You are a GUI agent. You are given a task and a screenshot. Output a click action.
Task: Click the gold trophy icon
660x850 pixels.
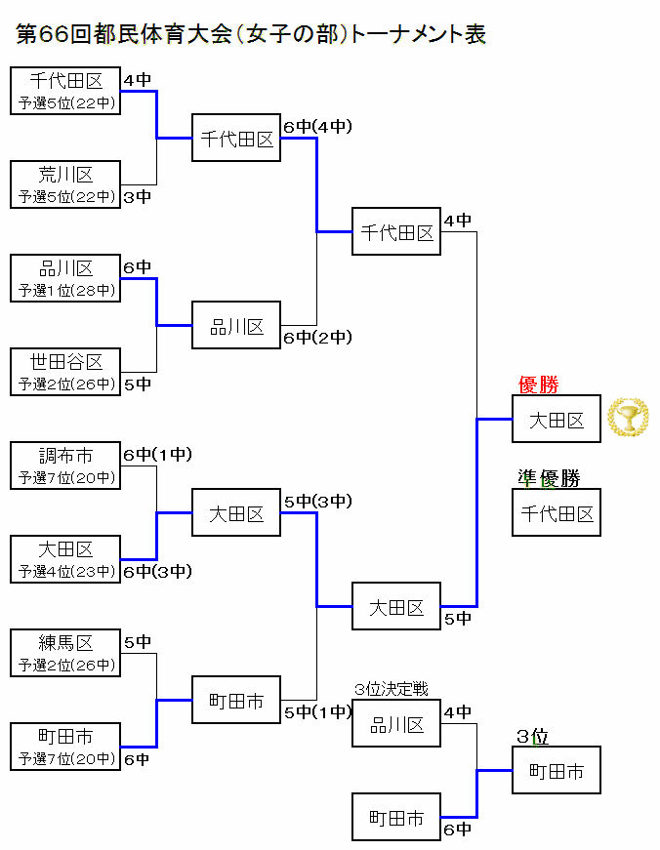(628, 418)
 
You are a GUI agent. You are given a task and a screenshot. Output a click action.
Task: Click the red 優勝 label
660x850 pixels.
(538, 385)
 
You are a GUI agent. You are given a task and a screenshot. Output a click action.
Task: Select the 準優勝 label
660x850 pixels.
(549, 478)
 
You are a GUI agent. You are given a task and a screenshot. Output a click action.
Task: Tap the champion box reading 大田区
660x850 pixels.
(557, 420)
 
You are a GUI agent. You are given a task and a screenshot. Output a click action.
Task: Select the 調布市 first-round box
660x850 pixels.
(65, 466)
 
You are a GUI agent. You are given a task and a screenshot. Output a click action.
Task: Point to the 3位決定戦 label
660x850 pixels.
(392, 689)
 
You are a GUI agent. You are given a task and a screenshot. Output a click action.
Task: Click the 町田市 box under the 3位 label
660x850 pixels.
(557, 771)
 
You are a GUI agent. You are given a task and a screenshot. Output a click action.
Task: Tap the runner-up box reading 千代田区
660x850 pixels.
(557, 513)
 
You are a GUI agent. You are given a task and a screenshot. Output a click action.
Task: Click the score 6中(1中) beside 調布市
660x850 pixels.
(157, 455)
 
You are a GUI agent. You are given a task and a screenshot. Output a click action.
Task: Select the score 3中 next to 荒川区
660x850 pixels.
(138, 197)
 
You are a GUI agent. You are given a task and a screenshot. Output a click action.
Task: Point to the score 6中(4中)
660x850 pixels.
(317, 127)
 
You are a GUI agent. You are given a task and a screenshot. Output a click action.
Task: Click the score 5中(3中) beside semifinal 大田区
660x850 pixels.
(317, 502)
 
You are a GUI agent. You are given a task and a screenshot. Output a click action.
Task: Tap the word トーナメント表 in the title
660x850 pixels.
(418, 35)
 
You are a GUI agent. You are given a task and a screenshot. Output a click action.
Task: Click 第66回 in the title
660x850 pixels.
(55, 35)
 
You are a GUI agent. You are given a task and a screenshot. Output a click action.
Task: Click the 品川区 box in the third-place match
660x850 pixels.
(396, 724)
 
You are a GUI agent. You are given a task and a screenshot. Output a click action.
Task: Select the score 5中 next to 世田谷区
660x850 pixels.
(138, 385)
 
